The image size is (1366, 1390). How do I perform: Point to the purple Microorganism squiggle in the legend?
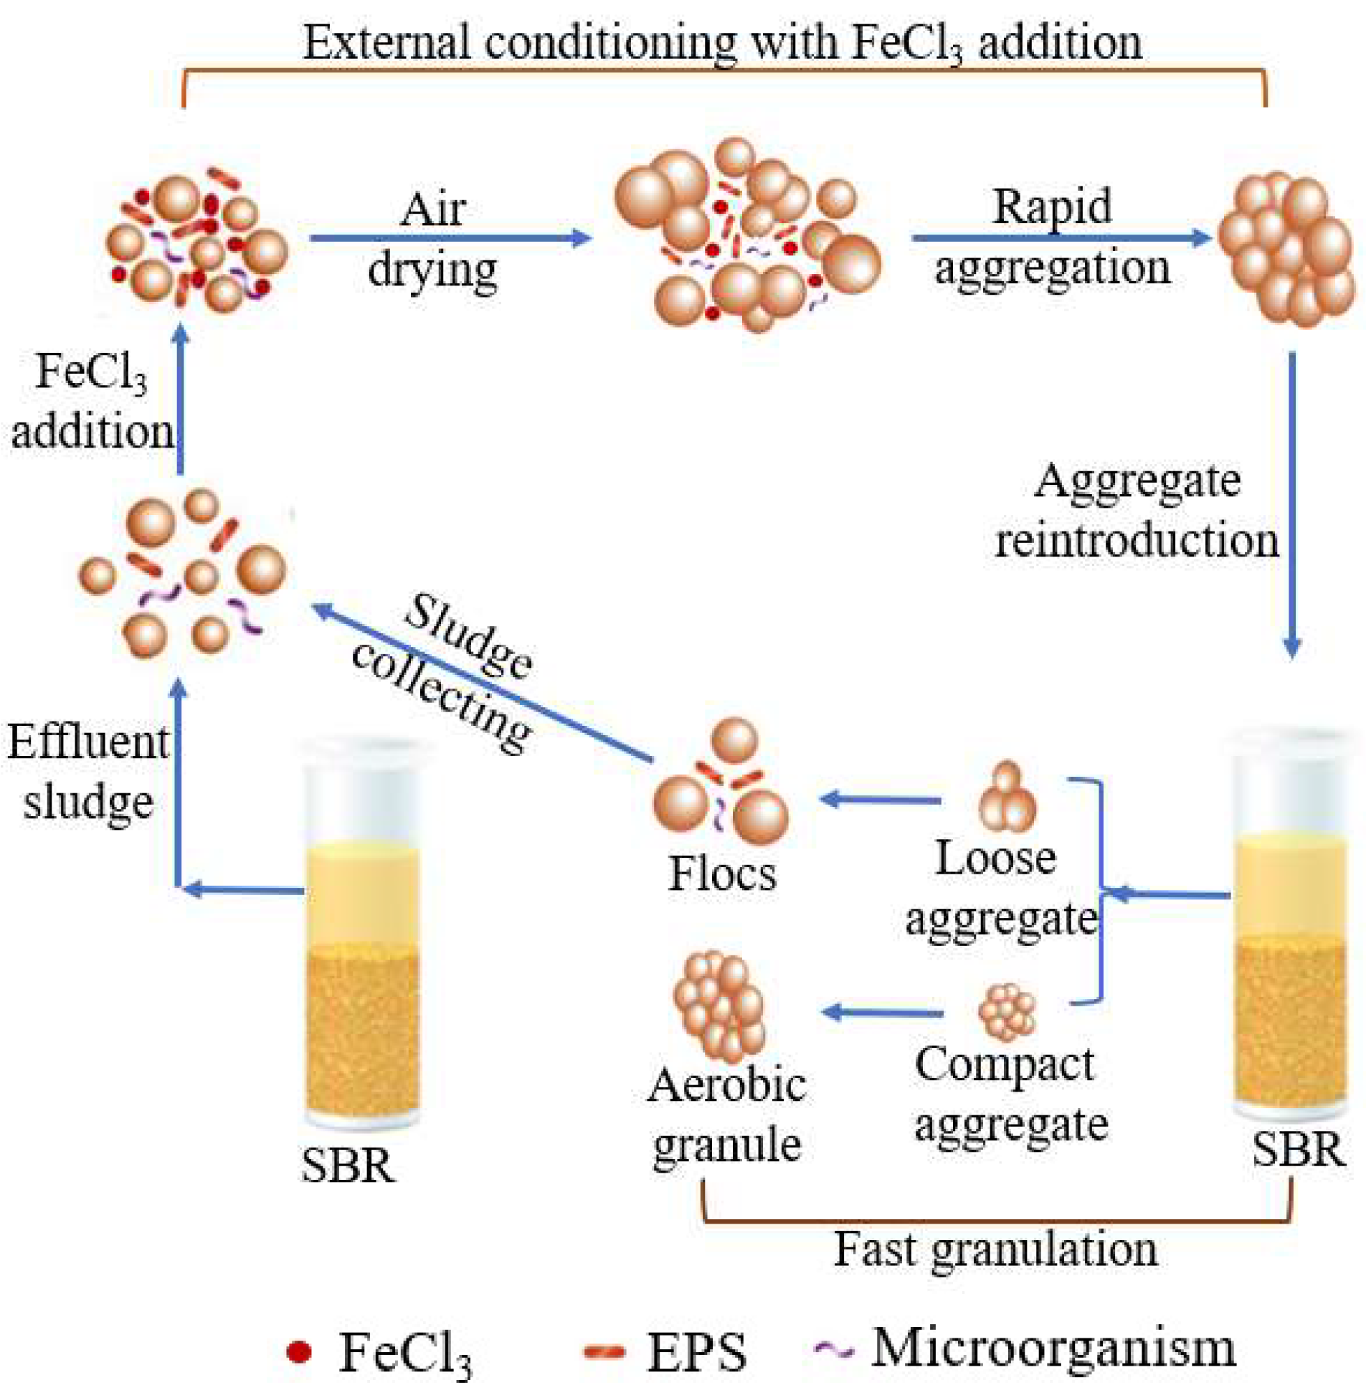(x=835, y=1349)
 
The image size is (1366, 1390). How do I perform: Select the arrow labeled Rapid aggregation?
(x=1062, y=237)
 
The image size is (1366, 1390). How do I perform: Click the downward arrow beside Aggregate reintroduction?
(x=1291, y=502)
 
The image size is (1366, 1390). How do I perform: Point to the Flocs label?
(x=722, y=874)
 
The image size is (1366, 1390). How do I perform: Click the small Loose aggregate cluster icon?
(x=1007, y=798)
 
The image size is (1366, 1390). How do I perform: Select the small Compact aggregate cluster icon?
(x=1007, y=1013)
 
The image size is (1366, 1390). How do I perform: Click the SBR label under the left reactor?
(x=348, y=1166)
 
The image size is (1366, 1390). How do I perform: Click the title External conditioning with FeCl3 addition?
(x=723, y=42)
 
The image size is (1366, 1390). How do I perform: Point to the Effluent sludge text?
(x=87, y=772)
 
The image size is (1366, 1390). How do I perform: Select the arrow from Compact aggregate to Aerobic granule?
(x=882, y=1013)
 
